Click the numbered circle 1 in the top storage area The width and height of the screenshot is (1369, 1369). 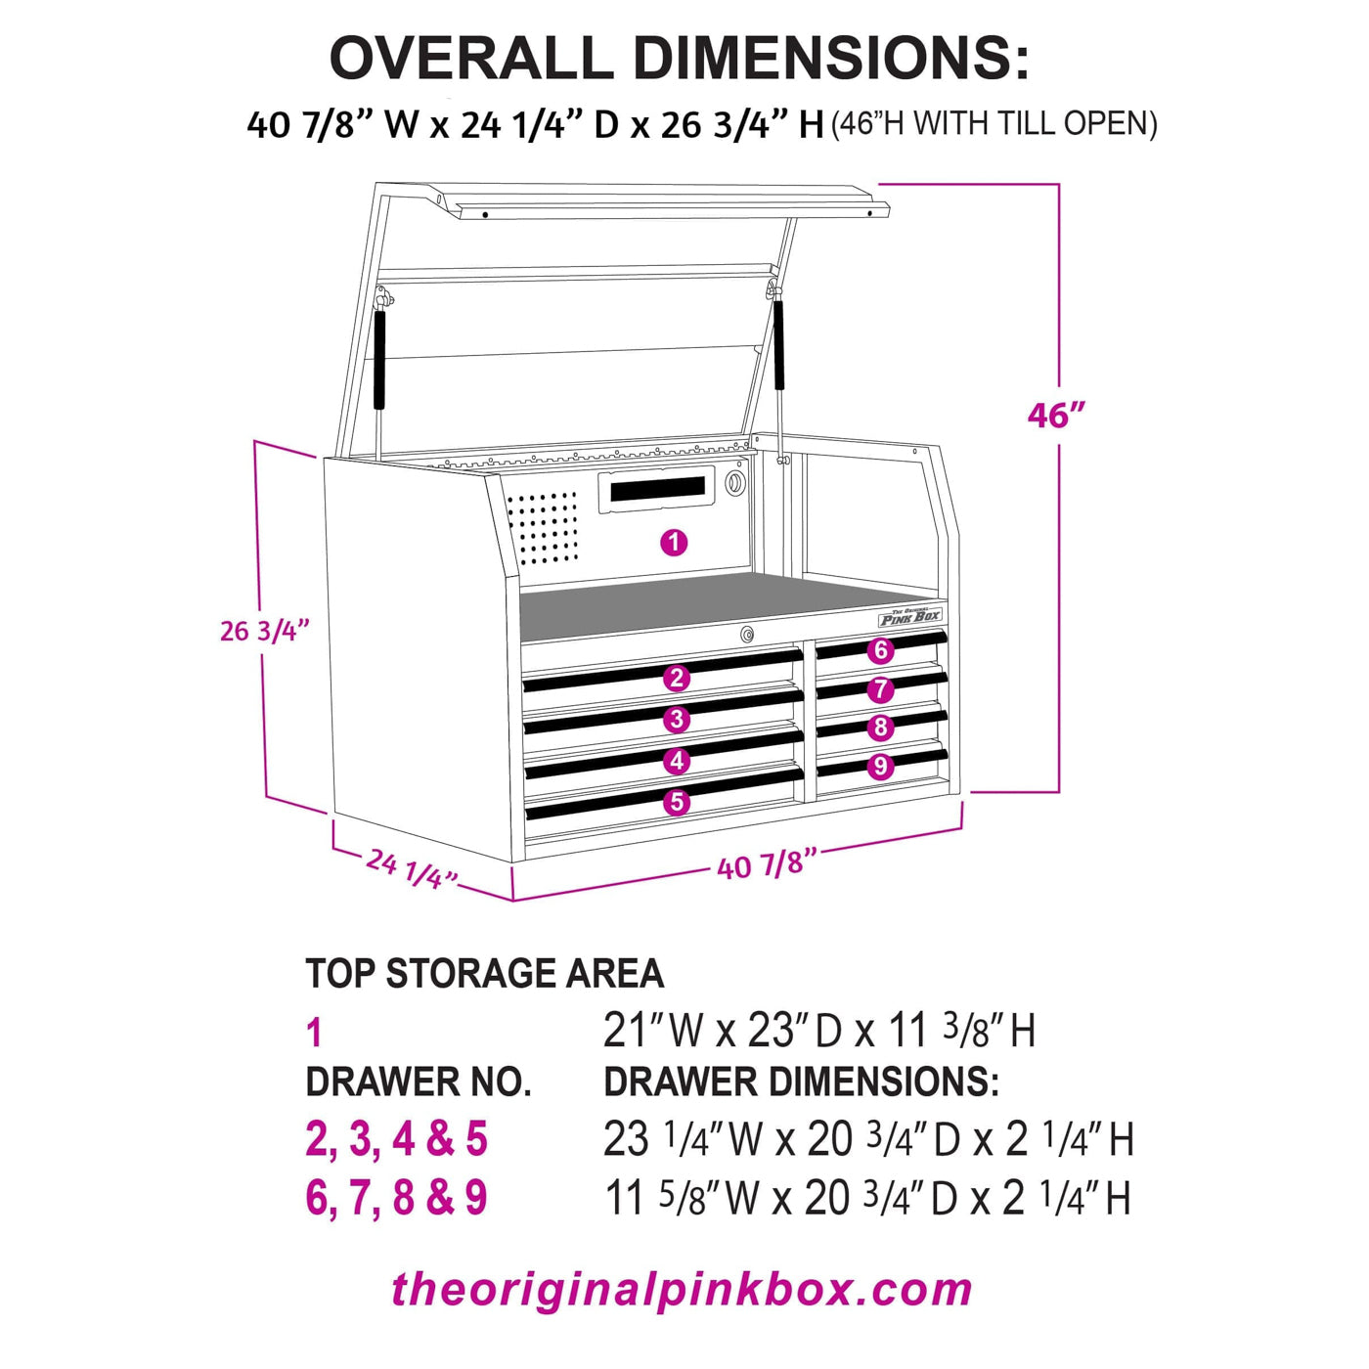[674, 543]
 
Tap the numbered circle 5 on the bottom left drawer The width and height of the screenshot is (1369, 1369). [677, 803]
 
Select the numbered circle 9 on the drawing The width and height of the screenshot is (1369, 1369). [881, 766]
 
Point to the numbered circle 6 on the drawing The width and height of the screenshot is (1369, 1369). [881, 650]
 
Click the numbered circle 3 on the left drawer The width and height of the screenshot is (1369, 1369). [677, 720]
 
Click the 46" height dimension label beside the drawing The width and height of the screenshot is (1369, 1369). [1056, 416]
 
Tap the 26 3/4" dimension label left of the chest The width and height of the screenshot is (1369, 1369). [264, 631]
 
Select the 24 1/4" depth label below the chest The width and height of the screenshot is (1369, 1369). [411, 867]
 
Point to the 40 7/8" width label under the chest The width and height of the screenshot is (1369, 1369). [767, 864]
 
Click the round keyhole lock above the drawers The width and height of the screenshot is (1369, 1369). [748, 635]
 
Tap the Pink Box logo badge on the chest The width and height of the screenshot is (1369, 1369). [910, 617]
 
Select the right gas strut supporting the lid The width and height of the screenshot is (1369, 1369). [780, 347]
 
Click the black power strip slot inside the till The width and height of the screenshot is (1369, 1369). [657, 487]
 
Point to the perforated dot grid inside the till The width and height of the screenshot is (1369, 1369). [544, 529]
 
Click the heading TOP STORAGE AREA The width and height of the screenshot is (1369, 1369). [484, 974]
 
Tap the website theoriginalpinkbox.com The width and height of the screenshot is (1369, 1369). [682, 1290]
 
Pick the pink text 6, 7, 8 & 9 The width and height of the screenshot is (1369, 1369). [396, 1199]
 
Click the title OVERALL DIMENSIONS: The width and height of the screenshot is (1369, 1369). [679, 58]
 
